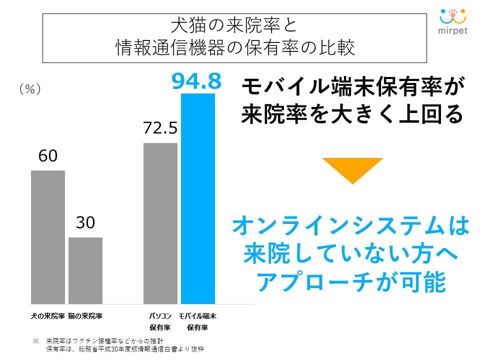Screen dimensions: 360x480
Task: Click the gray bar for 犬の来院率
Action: point(48,237)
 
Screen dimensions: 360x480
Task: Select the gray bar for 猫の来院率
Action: point(85,270)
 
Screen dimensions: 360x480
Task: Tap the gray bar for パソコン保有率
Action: point(160,223)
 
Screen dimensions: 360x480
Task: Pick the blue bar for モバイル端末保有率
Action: point(198,198)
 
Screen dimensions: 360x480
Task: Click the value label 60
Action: point(48,156)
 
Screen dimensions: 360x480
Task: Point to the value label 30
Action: point(85,223)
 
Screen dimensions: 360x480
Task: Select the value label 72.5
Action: point(160,129)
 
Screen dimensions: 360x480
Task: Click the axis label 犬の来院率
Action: point(48,316)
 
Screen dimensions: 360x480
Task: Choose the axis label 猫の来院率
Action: point(85,316)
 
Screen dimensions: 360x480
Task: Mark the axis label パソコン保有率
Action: point(160,322)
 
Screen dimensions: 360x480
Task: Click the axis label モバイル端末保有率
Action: point(198,322)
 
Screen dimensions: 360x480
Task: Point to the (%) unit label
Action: point(29,89)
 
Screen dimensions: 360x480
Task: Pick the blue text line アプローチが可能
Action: point(351,283)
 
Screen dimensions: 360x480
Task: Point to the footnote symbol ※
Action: point(35,340)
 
